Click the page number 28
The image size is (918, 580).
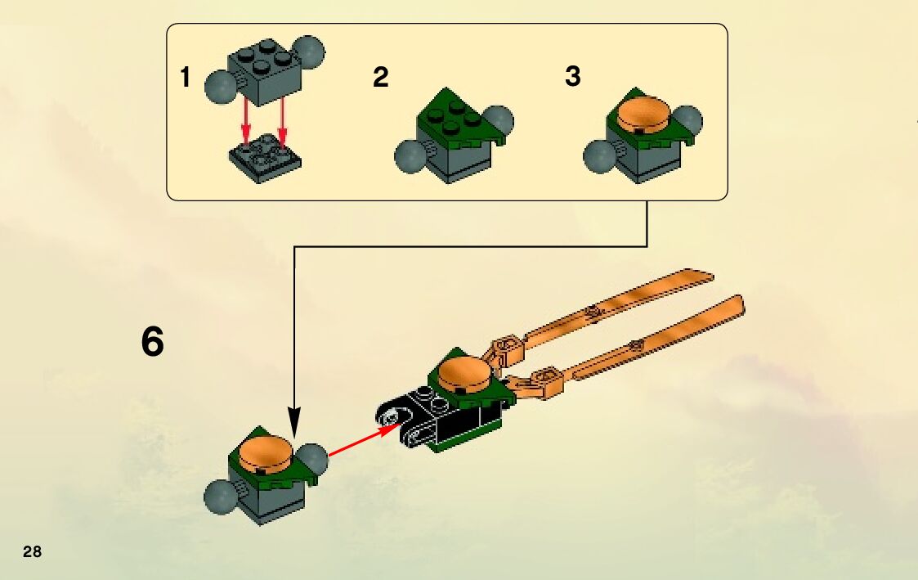coord(32,551)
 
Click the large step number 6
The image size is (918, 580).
coord(153,343)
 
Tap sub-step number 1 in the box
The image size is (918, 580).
coord(186,79)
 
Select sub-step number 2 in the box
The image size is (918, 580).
coord(380,79)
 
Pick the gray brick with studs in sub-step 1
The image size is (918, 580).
coord(262,74)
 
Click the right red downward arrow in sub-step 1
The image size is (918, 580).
coord(282,121)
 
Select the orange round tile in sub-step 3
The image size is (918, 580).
coord(643,115)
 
